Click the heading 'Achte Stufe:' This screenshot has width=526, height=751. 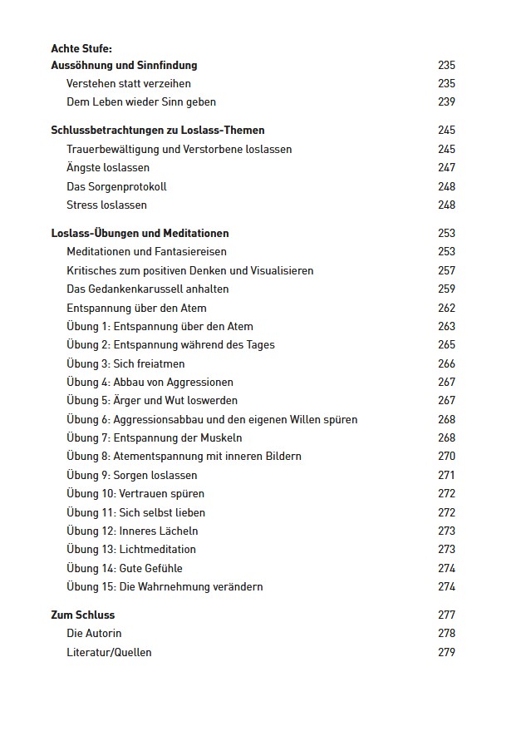coord(81,48)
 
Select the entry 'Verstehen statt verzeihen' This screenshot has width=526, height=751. coord(128,83)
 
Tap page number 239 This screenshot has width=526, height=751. coord(446,101)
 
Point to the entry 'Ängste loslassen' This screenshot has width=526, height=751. coord(108,168)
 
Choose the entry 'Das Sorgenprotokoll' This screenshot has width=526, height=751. coord(116,186)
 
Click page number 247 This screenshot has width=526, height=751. coord(446,168)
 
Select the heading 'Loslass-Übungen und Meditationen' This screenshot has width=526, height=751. coord(140,233)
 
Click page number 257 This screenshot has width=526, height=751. coord(446,270)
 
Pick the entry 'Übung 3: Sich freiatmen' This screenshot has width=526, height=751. coord(125,363)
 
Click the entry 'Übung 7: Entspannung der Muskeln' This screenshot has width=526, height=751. coord(155,437)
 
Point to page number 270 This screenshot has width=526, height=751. coord(446,456)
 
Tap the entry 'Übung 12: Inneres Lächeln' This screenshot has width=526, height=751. coord(132,531)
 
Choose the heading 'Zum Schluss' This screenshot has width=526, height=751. coord(83,615)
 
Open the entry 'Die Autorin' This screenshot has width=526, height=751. coord(94,634)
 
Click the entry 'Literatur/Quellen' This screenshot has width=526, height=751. coord(109,652)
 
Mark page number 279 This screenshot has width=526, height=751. coord(446,652)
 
